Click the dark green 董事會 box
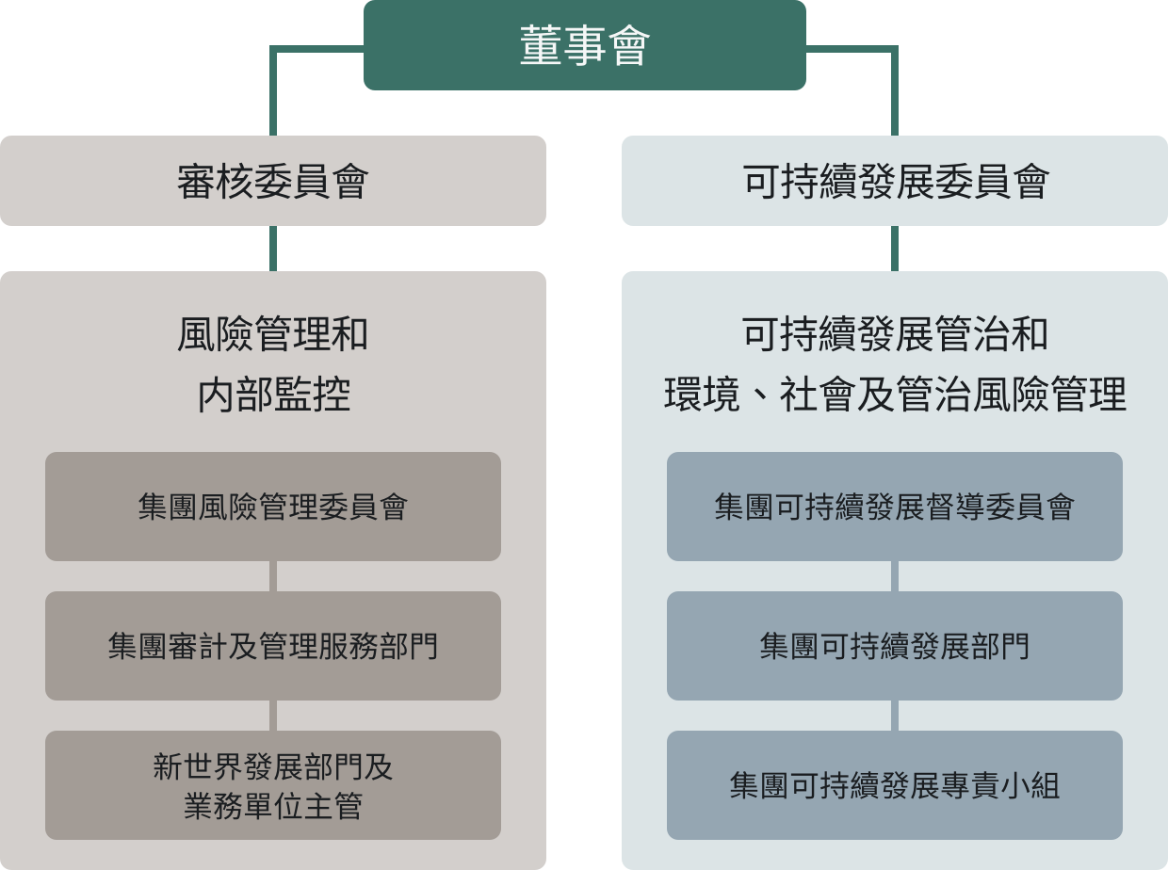click(585, 45)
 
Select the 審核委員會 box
click(273, 181)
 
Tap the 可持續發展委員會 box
click(895, 181)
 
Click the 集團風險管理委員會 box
click(273, 507)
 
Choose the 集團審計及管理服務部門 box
click(273, 646)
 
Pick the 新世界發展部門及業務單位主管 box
click(273, 785)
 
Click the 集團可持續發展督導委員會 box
click(895, 507)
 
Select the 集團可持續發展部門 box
click(895, 646)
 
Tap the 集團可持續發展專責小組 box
click(895, 785)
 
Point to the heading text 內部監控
click(274, 395)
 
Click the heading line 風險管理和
click(273, 334)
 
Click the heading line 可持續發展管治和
click(895, 334)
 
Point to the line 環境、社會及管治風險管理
click(895, 395)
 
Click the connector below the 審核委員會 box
click(273, 249)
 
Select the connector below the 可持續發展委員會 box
click(895, 249)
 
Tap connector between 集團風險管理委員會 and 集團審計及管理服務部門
click(273, 576)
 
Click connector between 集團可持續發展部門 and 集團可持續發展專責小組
click(895, 716)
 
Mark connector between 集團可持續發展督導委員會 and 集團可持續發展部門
click(895, 576)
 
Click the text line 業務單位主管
click(273, 806)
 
